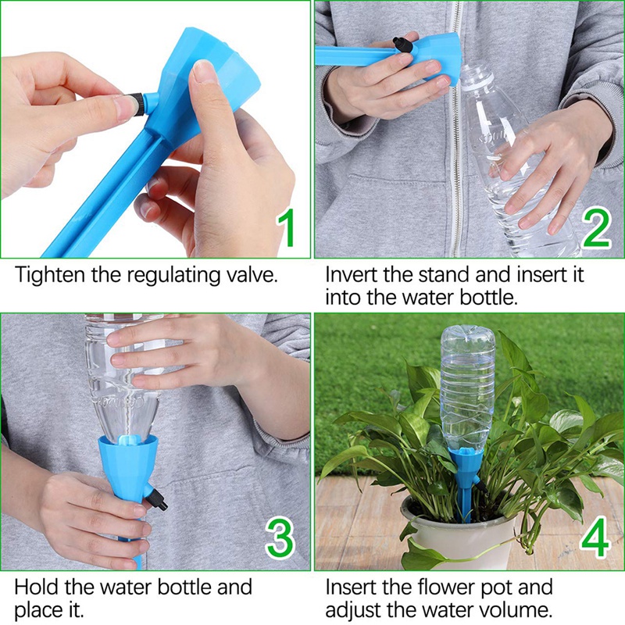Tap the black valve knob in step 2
click(403, 44)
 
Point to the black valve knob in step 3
click(159, 497)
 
